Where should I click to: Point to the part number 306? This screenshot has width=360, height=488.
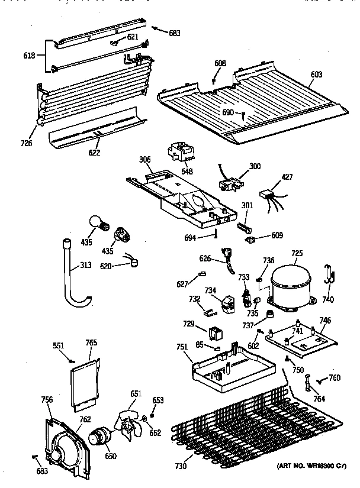click(144, 160)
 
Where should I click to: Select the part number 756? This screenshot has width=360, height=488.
click(46, 400)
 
